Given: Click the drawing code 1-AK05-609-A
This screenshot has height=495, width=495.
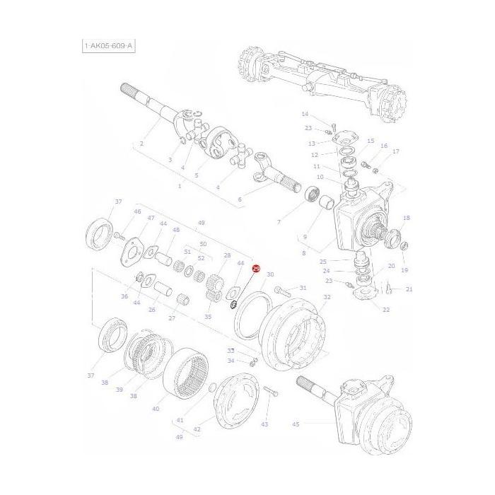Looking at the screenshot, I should (x=107, y=47).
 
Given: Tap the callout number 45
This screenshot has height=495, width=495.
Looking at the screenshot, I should (x=296, y=424).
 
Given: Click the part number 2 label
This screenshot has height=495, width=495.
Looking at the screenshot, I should (x=141, y=144).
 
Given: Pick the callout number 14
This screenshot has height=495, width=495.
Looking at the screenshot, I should (x=305, y=115).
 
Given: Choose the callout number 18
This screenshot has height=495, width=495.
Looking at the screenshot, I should (x=406, y=218).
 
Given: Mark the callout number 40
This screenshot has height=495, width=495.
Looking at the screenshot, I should (x=156, y=409).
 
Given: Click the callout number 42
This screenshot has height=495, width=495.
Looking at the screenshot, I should (x=197, y=429).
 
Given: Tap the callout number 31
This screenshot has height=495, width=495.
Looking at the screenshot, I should (x=303, y=288).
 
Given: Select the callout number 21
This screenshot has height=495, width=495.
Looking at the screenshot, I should (x=409, y=289).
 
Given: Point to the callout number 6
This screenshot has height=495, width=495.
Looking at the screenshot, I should (x=239, y=199).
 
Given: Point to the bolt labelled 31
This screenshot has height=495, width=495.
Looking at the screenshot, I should (x=282, y=290).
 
